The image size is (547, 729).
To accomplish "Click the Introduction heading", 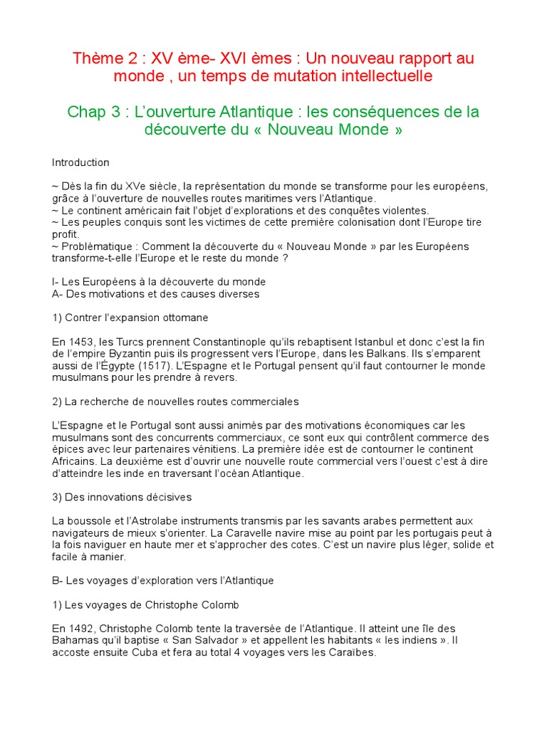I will click(x=80, y=163).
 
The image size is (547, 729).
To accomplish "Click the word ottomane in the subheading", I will click(x=181, y=318).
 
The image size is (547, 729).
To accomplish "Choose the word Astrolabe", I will click(x=155, y=522).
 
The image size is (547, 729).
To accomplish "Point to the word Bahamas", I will click(x=77, y=641).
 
